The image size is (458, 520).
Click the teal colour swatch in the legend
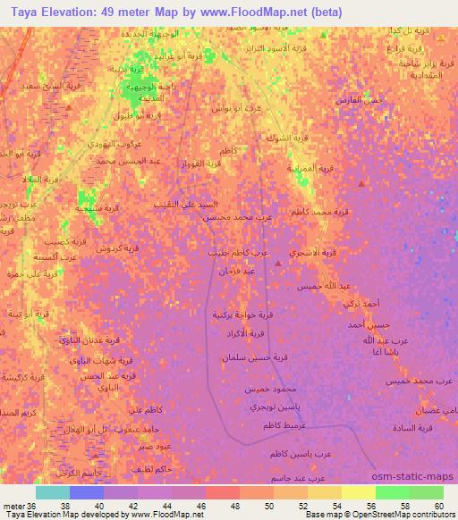[x=53, y=492]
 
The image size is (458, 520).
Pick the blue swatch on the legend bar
[x=86, y=492]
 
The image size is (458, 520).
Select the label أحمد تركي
[x=360, y=304]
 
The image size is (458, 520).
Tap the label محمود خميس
[x=268, y=391]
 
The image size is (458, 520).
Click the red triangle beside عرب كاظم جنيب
[x=277, y=263]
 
